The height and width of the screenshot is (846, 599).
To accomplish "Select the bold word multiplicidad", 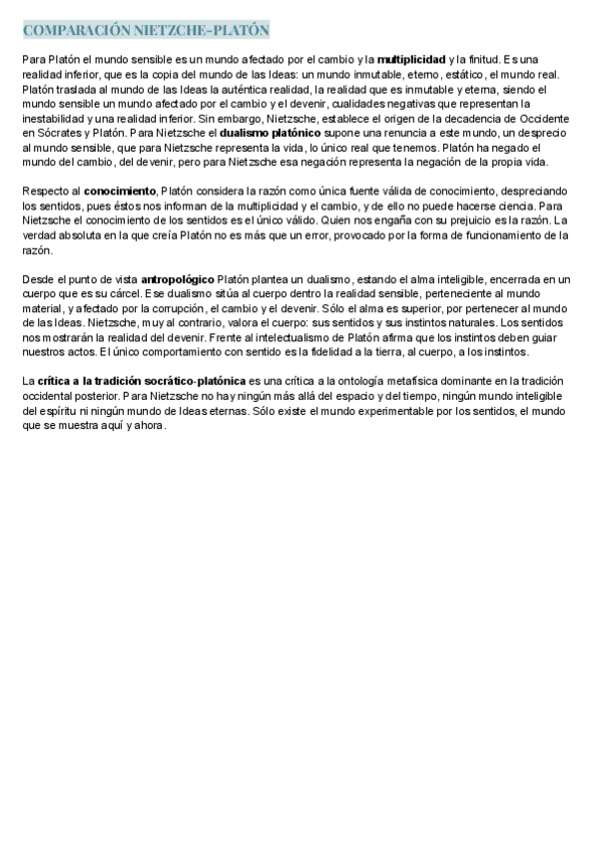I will (x=411, y=60).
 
